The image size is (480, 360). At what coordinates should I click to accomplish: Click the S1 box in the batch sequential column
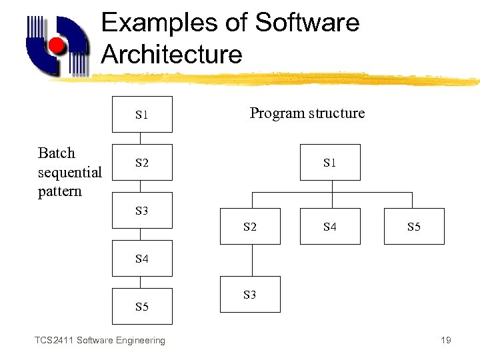pyautogui.click(x=141, y=115)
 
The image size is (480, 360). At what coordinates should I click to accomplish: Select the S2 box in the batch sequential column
pyautogui.click(x=141, y=163)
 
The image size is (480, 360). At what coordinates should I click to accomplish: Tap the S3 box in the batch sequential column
pyautogui.click(x=141, y=211)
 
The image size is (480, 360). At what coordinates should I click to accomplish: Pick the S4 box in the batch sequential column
pyautogui.click(x=141, y=259)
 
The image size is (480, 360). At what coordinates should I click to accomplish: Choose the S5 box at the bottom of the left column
pyautogui.click(x=141, y=307)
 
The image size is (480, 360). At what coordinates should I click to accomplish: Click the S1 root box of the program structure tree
pyautogui.click(x=329, y=163)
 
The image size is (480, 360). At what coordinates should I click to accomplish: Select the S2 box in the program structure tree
pyautogui.click(x=250, y=227)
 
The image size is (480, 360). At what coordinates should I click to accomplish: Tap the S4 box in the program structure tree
pyautogui.click(x=329, y=227)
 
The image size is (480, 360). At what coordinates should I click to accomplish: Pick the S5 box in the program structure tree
pyautogui.click(x=413, y=227)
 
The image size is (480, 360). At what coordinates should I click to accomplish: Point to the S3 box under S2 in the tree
pyautogui.click(x=250, y=295)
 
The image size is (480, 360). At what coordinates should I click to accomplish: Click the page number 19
pyautogui.click(x=446, y=341)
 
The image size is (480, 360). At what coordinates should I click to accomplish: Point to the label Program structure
pyautogui.click(x=307, y=113)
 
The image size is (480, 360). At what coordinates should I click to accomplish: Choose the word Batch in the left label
pyautogui.click(x=57, y=153)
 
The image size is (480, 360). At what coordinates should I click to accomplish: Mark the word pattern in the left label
pyautogui.click(x=59, y=191)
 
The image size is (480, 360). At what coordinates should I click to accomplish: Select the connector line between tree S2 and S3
pyautogui.click(x=251, y=261)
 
